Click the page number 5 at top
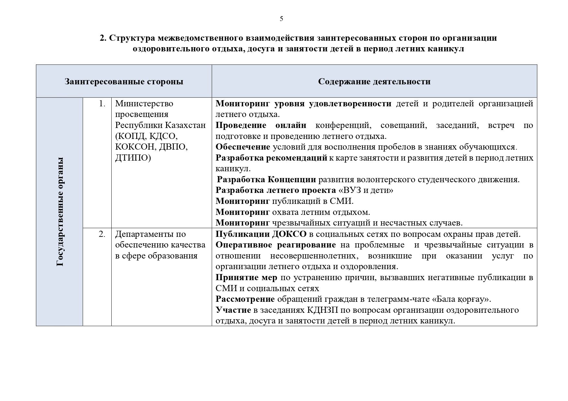pos(281,19)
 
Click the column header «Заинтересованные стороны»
pos(124,81)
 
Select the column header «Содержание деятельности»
pos(374,81)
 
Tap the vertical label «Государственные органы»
pos(60,212)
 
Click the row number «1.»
pos(102,104)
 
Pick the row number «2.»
pos(102,234)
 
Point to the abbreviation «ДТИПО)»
pos(133,158)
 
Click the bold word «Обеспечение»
pos(243,147)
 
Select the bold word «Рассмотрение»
pos(245,299)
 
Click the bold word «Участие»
pos(233,310)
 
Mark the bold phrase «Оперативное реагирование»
pos(275,245)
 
